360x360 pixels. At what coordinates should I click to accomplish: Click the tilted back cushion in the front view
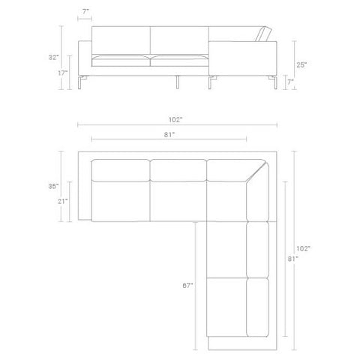(264, 34)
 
